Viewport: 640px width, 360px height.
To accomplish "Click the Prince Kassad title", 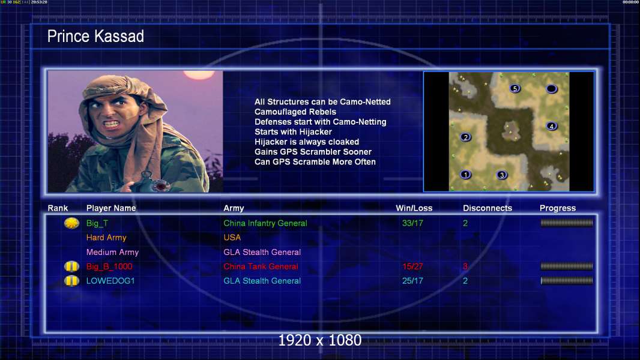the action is pyautogui.click(x=95, y=36).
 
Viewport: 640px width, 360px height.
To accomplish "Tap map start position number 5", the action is pyautogui.click(x=515, y=88).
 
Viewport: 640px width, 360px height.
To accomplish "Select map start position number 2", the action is pyautogui.click(x=466, y=137).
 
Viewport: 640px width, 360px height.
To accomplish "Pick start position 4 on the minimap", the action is pyautogui.click(x=551, y=126).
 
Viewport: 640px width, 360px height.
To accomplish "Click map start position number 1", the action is pyautogui.click(x=465, y=175).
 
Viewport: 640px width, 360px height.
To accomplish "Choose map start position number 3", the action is pyautogui.click(x=502, y=175).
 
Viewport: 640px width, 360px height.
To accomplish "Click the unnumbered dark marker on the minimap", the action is pyautogui.click(x=551, y=88).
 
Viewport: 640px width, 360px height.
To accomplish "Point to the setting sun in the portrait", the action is pyautogui.click(x=199, y=74).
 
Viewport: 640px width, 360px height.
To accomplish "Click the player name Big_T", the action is pyautogui.click(x=97, y=223).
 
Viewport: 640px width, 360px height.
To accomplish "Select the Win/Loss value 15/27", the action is pyautogui.click(x=412, y=266).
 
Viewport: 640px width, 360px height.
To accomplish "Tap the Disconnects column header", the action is pyautogui.click(x=488, y=208).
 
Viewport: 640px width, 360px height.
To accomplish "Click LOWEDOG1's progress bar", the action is pyautogui.click(x=567, y=280).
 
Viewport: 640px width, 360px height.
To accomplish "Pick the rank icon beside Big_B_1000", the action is pyautogui.click(x=71, y=266).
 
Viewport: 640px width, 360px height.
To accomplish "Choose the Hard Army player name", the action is pyautogui.click(x=106, y=238).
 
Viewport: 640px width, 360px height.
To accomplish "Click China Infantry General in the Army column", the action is pyautogui.click(x=265, y=223).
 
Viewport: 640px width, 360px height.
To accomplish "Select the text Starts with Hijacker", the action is pyautogui.click(x=293, y=131).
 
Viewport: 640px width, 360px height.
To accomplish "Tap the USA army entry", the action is pyautogui.click(x=232, y=237).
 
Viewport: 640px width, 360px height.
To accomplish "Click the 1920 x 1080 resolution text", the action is pyautogui.click(x=319, y=340).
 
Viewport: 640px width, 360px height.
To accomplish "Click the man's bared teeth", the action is pyautogui.click(x=112, y=123).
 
